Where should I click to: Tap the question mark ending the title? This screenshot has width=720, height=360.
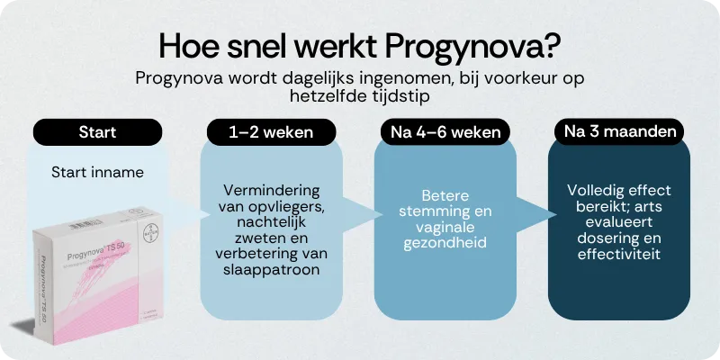[x=552, y=45]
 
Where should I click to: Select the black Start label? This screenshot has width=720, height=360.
[x=97, y=132]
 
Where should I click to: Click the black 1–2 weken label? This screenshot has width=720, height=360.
[x=271, y=132]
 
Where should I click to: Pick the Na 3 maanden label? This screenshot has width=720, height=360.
[x=618, y=132]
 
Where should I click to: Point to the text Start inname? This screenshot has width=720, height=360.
[x=97, y=171]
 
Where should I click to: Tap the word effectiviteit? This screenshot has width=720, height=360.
[x=618, y=255]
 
